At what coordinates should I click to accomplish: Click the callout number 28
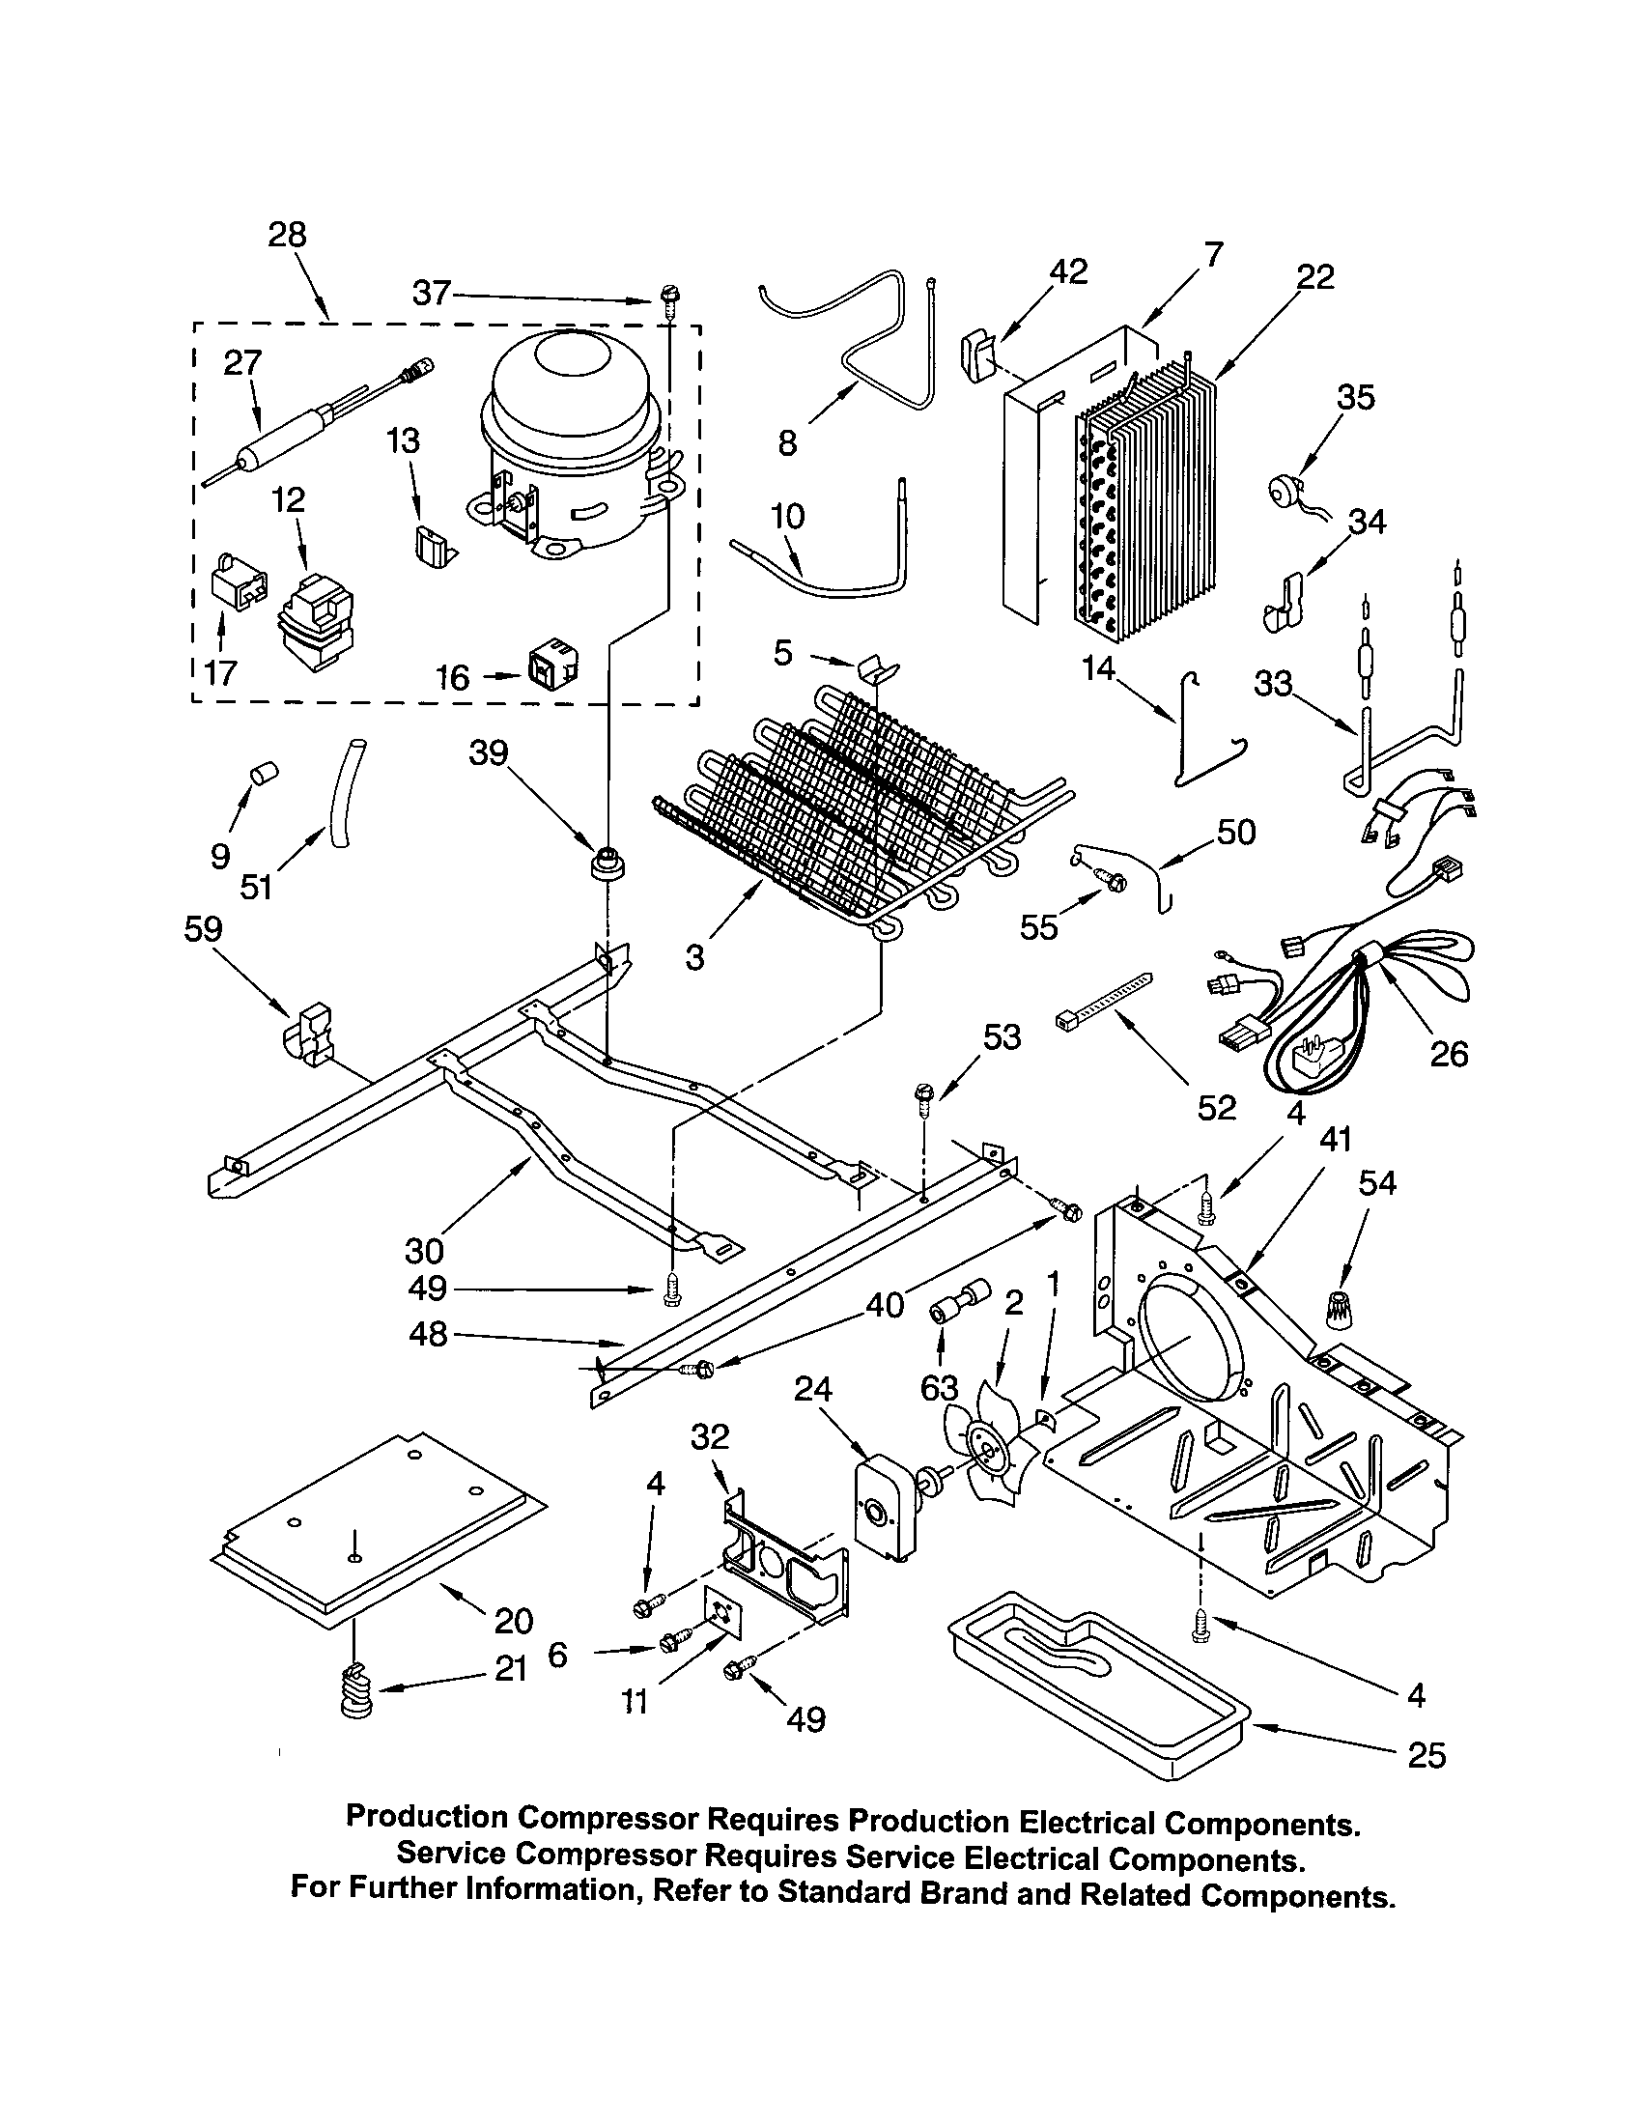[x=287, y=235]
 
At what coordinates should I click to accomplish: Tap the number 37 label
[x=432, y=293]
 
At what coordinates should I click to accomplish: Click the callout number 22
[x=1315, y=277]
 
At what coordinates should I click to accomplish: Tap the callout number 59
[x=203, y=929]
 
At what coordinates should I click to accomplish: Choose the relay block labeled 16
[x=551, y=666]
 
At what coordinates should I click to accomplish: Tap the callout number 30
[x=425, y=1250]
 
